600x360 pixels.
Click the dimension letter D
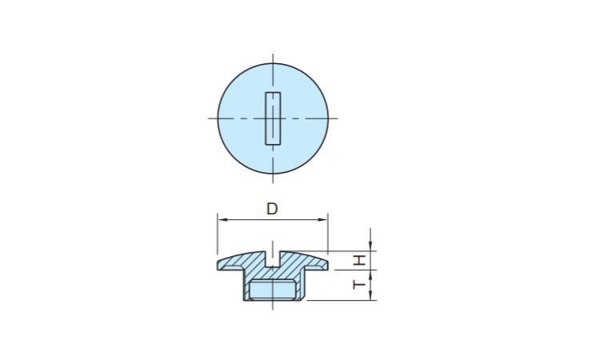(x=272, y=209)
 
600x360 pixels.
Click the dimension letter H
(x=359, y=261)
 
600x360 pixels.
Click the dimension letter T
(x=359, y=285)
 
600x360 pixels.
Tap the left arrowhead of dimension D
(x=222, y=219)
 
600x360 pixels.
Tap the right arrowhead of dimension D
(x=323, y=219)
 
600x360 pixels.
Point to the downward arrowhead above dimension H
(x=370, y=246)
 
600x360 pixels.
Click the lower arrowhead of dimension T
(x=370, y=295)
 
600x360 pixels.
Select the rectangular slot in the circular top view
(x=273, y=118)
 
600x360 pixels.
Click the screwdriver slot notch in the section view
(x=273, y=258)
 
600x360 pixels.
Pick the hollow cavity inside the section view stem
(x=273, y=290)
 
